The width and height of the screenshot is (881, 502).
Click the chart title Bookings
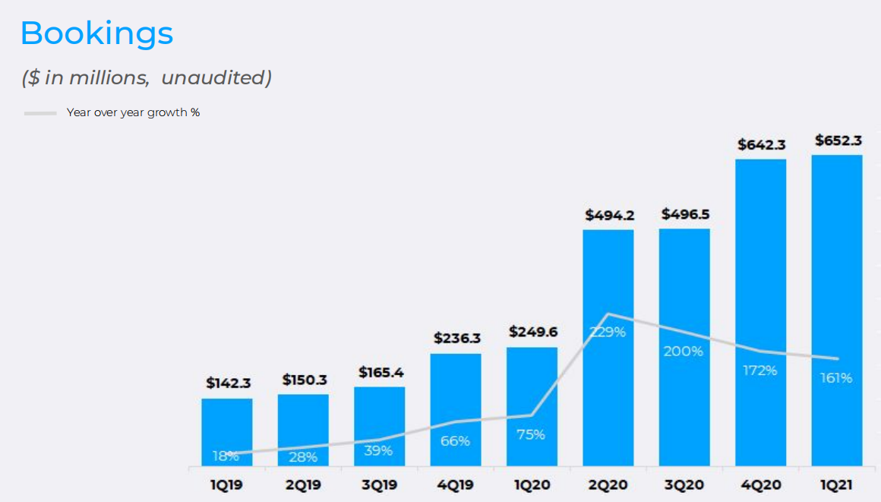coord(96,33)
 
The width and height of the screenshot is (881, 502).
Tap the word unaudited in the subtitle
coord(216,77)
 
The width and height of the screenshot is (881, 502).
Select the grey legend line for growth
coord(40,113)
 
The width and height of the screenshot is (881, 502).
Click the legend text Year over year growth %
coord(133,113)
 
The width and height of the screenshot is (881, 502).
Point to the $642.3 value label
coord(762,144)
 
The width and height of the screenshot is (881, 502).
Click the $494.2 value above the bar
coord(609,215)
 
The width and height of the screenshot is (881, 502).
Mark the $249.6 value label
coord(533,332)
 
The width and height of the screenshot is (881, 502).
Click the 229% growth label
coord(608,332)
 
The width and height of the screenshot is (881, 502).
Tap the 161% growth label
coord(836,377)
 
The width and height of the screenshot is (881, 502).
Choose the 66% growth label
coord(455,440)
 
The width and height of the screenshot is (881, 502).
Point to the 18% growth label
coord(226,456)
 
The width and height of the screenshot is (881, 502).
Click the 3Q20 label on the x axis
coord(684,485)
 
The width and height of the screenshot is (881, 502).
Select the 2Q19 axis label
coord(303,485)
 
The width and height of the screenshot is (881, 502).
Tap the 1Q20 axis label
coord(532,485)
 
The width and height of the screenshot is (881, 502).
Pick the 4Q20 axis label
coord(761,485)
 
